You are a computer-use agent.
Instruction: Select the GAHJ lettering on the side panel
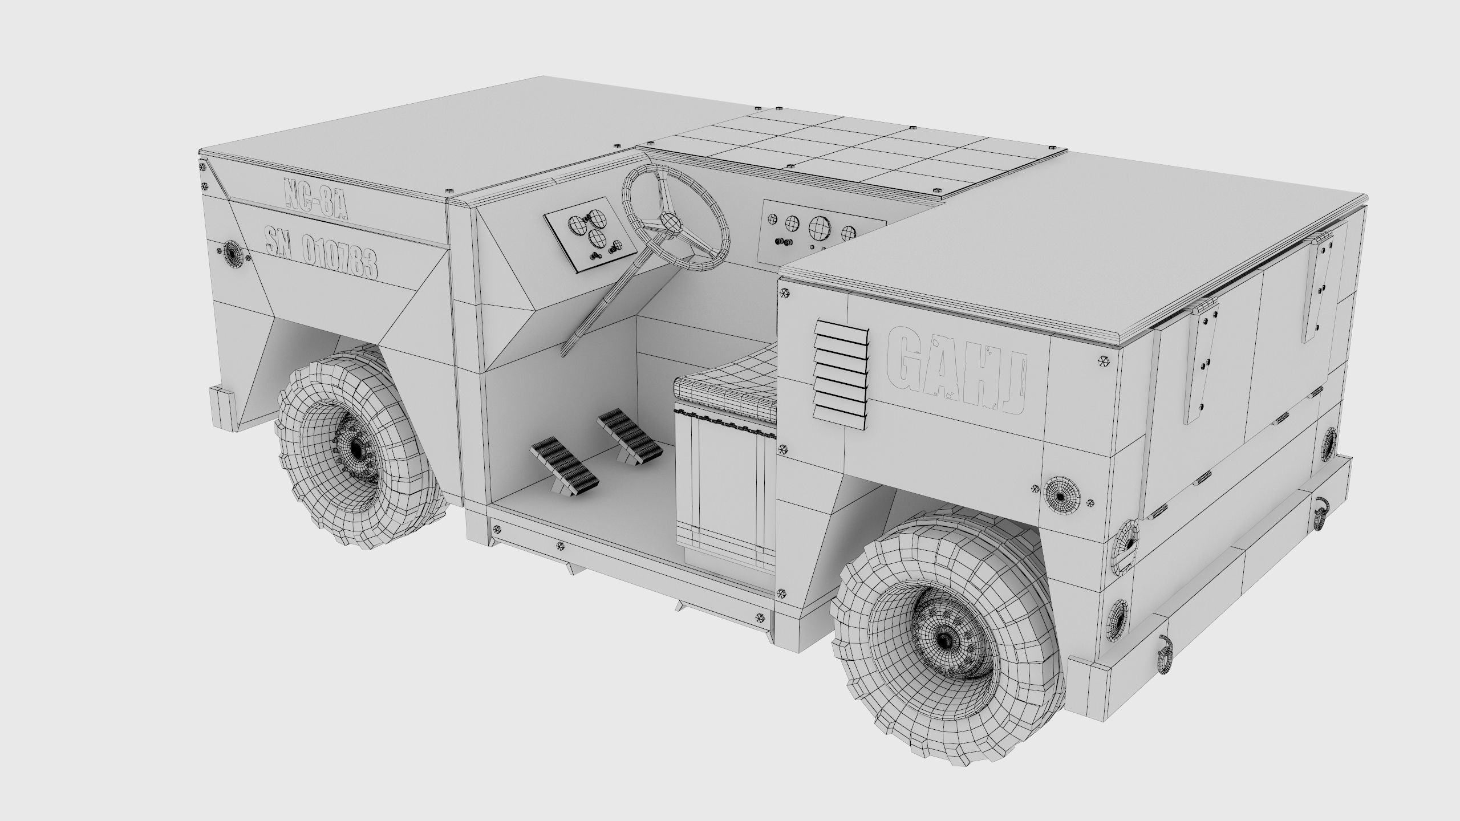[x=958, y=369]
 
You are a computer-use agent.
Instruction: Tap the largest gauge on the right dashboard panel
[x=819, y=225]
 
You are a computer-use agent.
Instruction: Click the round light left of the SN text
[x=232, y=250]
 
